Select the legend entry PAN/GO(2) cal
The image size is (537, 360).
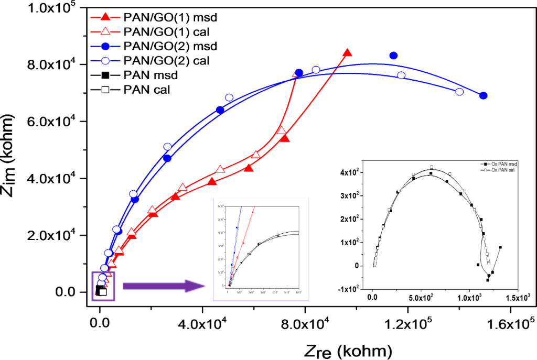coord(168,61)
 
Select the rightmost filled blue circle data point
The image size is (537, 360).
coord(484,95)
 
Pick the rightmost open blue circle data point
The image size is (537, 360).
coord(460,92)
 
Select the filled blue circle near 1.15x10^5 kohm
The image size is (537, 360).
coord(393,56)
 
